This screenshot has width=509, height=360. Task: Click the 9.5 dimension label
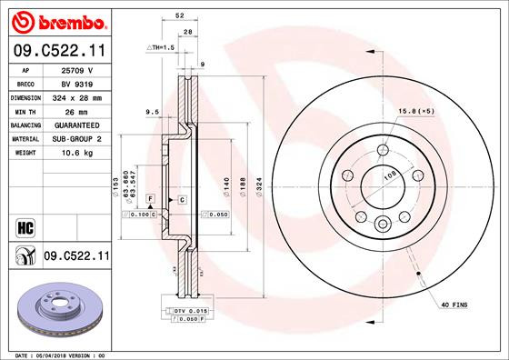click(152, 112)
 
